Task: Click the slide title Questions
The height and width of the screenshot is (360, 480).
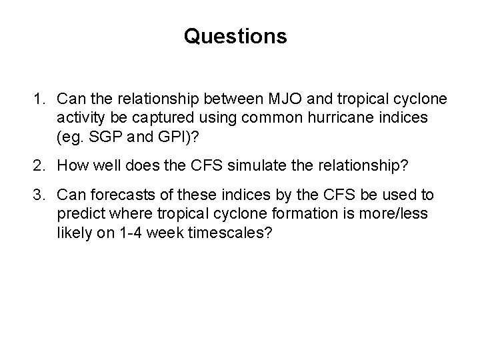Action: (x=235, y=36)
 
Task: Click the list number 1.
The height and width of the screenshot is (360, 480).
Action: (x=39, y=99)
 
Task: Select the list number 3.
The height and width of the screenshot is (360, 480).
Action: (x=39, y=195)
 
